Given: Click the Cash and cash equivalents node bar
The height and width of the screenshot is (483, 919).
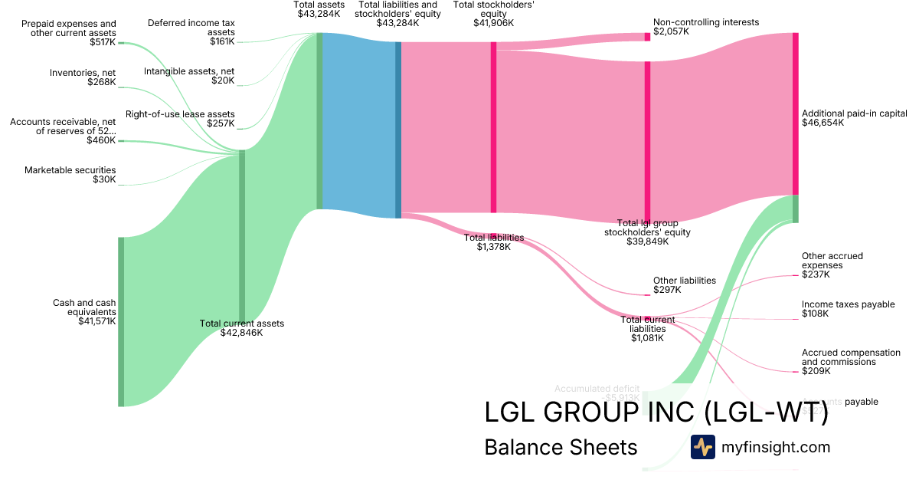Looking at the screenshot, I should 120,322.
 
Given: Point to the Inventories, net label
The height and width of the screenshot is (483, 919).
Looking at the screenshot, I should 83,73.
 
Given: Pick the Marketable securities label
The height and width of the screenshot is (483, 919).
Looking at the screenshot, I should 70,170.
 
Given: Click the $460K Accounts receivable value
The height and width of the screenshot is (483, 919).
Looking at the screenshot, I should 101,140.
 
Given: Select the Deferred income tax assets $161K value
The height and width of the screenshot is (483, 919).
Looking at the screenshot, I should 222,41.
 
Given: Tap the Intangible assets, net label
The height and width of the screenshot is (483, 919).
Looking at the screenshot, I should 189,71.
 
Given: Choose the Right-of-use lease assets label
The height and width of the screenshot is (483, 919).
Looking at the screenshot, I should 180,114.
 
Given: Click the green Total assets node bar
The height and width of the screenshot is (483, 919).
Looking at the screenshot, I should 319,121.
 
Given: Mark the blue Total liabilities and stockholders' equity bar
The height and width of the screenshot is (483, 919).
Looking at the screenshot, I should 398,130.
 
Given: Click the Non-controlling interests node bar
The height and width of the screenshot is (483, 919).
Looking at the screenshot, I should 647,37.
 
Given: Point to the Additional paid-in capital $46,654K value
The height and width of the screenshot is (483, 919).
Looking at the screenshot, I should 823,123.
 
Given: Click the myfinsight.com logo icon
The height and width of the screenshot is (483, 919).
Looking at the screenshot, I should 702,447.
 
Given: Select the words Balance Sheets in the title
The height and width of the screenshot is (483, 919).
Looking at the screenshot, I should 561,447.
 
